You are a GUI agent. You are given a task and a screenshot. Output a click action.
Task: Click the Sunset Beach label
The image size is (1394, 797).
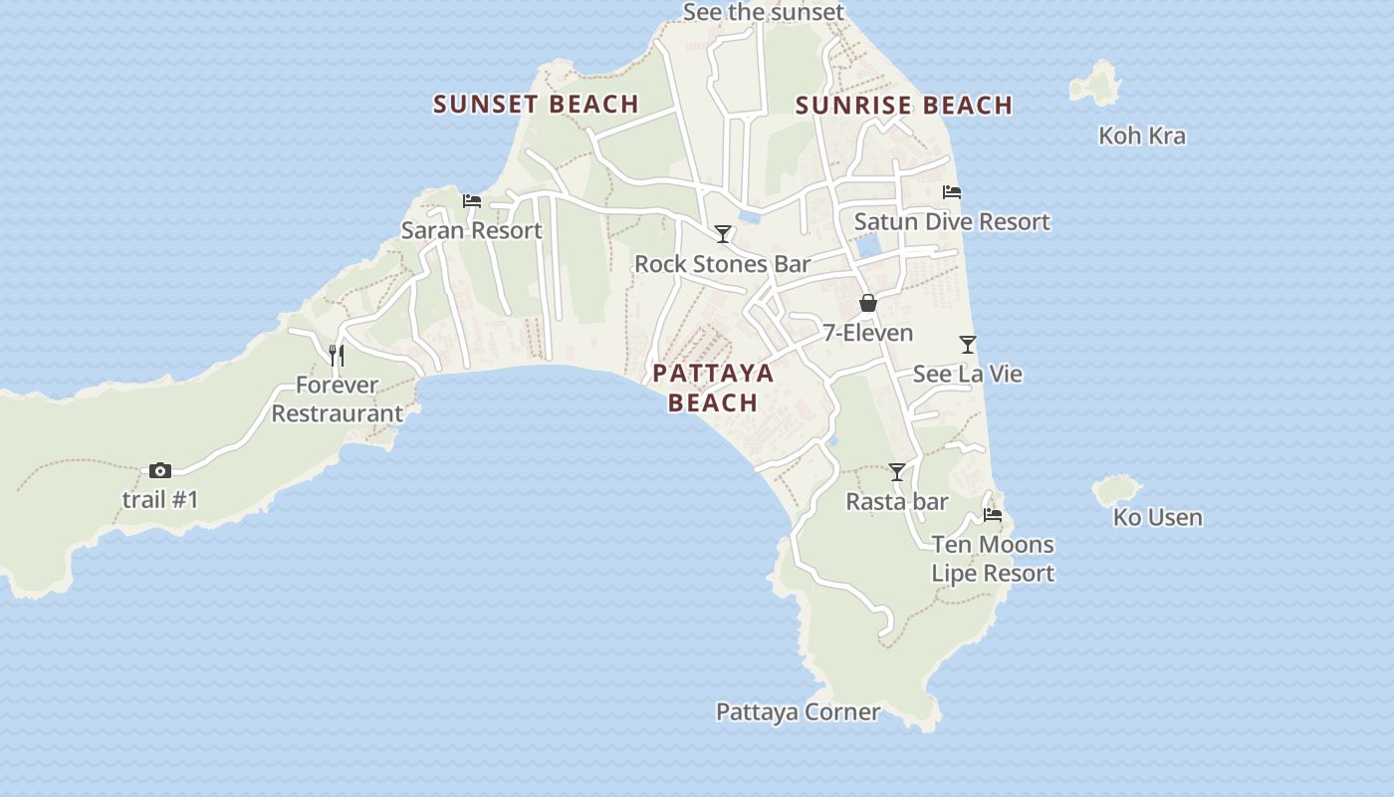click(x=536, y=104)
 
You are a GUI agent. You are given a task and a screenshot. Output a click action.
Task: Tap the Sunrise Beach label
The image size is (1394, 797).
click(x=904, y=105)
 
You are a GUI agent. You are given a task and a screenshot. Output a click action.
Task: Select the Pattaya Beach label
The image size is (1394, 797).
click(x=713, y=388)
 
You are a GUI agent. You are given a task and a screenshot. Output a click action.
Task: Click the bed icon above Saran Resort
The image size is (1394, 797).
click(x=472, y=201)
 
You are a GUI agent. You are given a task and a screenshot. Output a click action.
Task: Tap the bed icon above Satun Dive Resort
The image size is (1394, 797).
click(x=952, y=192)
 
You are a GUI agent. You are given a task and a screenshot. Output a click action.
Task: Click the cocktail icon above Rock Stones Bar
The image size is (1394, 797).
click(x=723, y=234)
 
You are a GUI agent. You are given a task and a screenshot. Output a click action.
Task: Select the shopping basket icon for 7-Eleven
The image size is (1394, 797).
click(x=868, y=303)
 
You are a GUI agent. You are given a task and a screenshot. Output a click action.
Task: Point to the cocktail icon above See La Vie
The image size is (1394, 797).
click(x=968, y=345)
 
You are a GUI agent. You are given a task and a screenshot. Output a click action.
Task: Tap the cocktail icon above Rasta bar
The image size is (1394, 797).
click(x=897, y=472)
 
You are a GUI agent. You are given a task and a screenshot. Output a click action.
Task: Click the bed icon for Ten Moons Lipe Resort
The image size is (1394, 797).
click(x=993, y=515)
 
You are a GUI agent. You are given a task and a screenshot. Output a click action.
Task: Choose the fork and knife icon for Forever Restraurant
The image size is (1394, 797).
click(x=337, y=356)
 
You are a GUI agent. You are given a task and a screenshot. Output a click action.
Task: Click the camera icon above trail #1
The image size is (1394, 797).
click(x=160, y=470)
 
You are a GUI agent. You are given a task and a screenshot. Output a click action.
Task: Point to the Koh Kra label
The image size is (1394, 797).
click(x=1142, y=135)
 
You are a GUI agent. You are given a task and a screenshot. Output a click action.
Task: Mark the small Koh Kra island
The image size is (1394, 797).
click(x=1097, y=83)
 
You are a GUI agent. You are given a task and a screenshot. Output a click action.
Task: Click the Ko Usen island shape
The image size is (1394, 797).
click(x=1117, y=489)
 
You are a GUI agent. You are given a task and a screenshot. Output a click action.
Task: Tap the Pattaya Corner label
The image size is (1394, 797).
click(x=799, y=711)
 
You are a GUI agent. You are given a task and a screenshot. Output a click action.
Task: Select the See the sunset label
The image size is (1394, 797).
click(x=764, y=12)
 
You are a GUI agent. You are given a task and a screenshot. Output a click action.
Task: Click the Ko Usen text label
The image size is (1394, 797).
click(x=1158, y=517)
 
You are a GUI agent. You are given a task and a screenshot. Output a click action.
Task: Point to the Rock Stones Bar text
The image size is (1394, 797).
click(x=723, y=264)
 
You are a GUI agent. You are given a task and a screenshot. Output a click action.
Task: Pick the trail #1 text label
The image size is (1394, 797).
click(x=160, y=499)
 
